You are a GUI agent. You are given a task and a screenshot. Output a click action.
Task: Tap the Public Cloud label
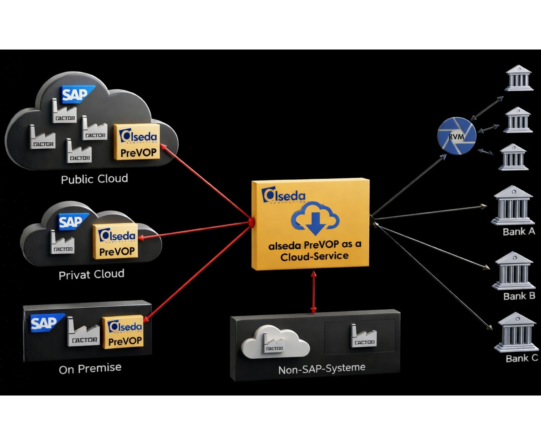pyautogui.click(x=94, y=179)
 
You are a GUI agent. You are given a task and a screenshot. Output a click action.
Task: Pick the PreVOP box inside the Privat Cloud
pyautogui.click(x=116, y=242)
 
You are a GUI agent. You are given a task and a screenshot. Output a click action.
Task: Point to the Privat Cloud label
pyautogui.click(x=91, y=274)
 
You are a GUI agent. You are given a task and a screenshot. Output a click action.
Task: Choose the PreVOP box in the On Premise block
pyautogui.click(x=123, y=332)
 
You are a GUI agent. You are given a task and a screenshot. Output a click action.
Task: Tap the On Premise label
pyautogui.click(x=90, y=369)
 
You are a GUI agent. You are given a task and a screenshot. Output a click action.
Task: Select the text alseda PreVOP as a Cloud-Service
pyautogui.click(x=314, y=250)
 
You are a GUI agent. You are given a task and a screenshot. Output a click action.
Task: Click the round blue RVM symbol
pyautogui.click(x=457, y=136)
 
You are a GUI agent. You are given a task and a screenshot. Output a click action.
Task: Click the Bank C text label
pyautogui.click(x=521, y=358)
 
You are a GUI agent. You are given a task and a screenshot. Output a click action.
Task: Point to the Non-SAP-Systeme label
pyautogui.click(x=321, y=369)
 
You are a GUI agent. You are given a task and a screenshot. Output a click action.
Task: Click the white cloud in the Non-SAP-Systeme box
pyautogui.click(x=275, y=342)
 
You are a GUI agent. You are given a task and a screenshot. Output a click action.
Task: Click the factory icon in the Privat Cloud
pyautogui.click(x=62, y=243)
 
